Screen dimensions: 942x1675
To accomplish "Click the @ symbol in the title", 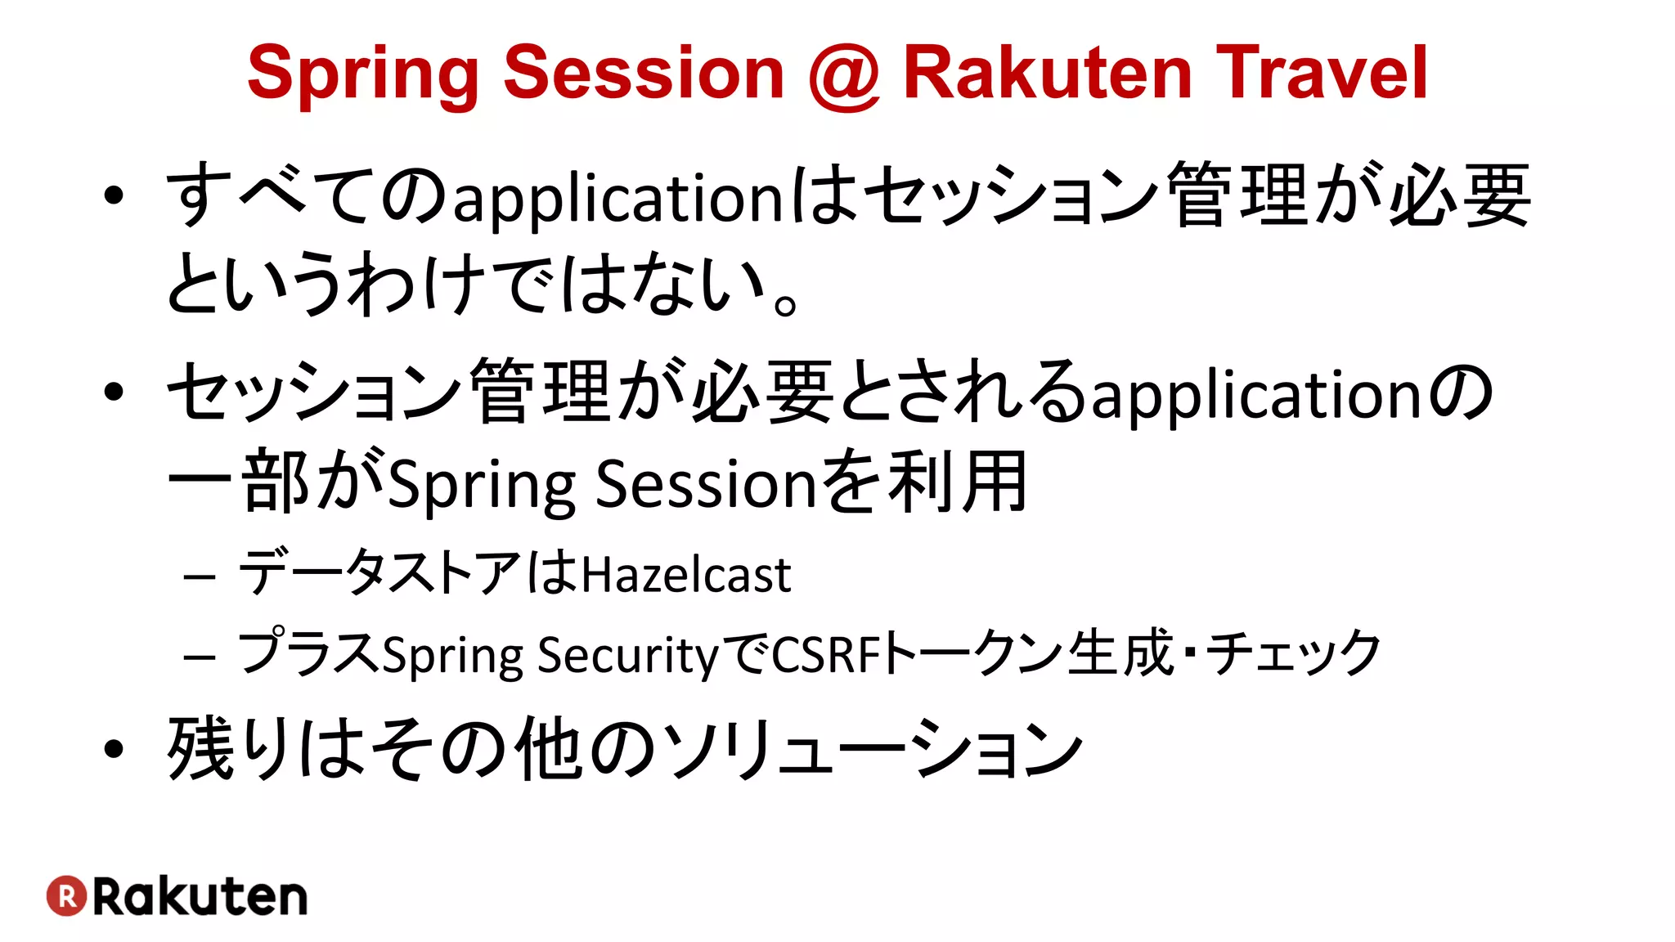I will point(844,75).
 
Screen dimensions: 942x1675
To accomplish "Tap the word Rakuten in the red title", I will point(1047,74).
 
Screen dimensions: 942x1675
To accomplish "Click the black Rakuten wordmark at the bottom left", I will point(200,897).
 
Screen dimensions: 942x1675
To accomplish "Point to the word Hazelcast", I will point(686,575).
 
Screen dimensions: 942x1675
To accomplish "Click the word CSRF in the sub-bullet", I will point(826,655).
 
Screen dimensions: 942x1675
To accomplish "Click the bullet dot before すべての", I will point(114,196).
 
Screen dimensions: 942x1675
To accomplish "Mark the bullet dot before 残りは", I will point(114,748).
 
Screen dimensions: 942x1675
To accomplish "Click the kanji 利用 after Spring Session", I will point(957,482).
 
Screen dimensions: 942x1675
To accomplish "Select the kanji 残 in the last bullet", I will point(200,747).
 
